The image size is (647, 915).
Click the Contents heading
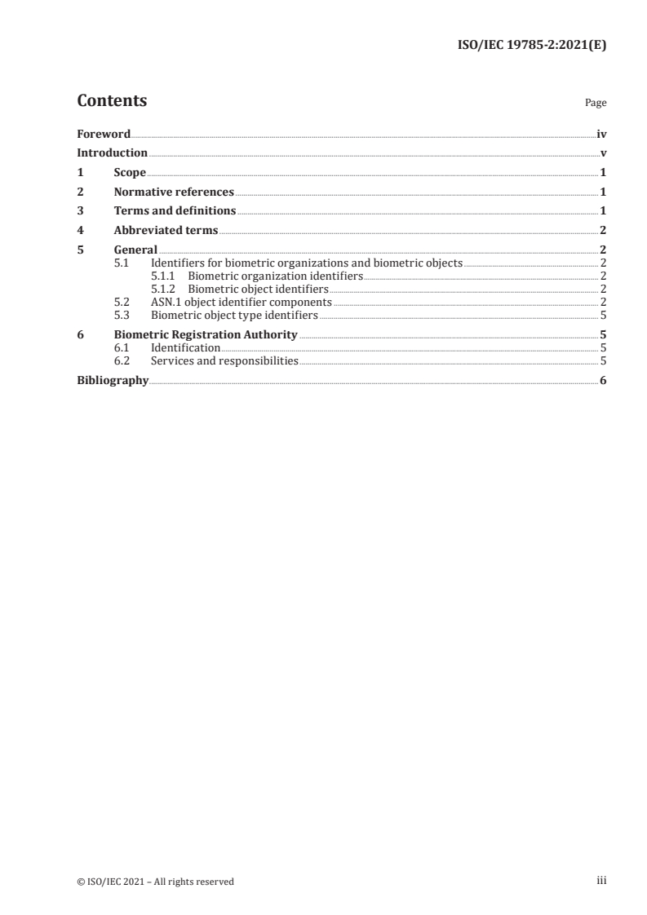(112, 101)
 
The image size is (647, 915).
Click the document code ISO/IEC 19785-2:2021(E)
(531, 46)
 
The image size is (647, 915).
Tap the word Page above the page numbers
(596, 104)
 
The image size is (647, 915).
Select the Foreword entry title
(104, 134)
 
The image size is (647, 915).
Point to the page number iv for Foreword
(601, 134)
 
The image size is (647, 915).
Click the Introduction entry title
(112, 153)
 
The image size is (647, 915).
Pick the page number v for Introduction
(603, 153)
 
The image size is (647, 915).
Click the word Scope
(130, 173)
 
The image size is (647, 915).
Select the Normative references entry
(174, 192)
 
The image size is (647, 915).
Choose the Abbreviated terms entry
(166, 231)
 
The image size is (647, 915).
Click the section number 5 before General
(80, 250)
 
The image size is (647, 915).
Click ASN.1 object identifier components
(241, 302)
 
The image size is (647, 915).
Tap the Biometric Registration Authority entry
(206, 334)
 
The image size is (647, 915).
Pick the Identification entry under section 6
(185, 348)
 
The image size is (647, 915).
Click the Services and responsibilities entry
(224, 360)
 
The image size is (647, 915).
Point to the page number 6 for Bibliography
(603, 381)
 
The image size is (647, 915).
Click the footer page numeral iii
(602, 881)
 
